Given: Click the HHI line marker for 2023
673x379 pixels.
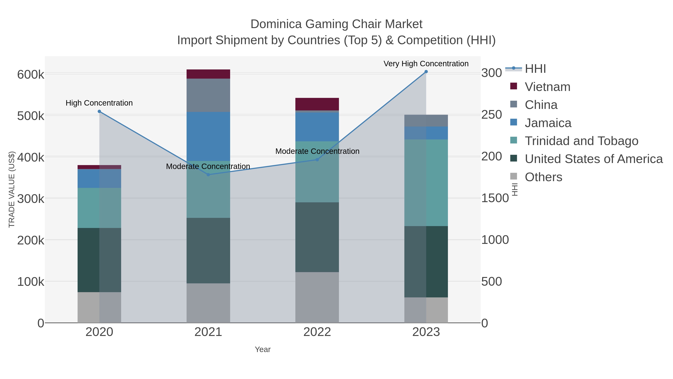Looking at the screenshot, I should click(x=426, y=72).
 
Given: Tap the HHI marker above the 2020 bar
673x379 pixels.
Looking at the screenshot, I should click(x=99, y=111).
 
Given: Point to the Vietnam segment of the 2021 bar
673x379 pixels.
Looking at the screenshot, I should click(x=208, y=74).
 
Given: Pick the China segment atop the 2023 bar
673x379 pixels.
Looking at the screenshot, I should click(x=426, y=121).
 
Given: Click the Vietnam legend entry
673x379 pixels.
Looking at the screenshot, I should click(x=547, y=87).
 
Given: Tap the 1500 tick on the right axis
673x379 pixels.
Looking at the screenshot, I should click(x=495, y=198).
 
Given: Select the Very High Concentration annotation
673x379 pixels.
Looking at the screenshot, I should click(x=426, y=64).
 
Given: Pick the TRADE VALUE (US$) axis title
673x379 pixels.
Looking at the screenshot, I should click(x=12, y=189).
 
